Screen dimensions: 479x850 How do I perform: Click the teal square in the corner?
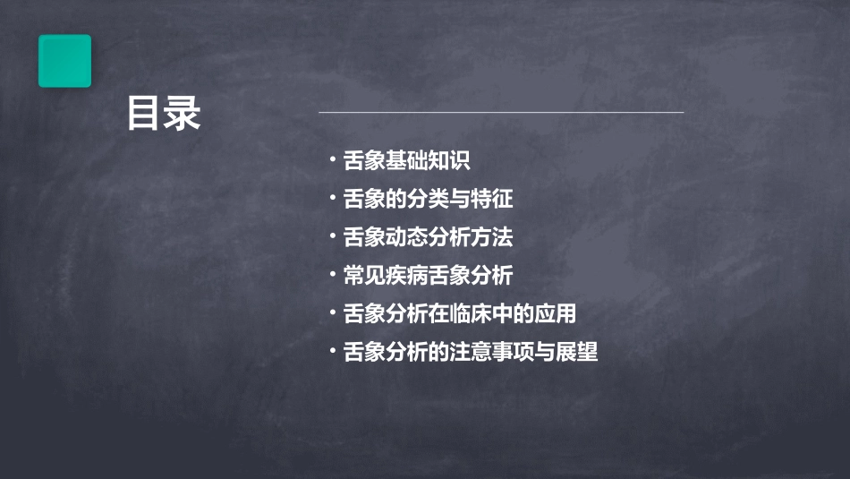[x=64, y=61]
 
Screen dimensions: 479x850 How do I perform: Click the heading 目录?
[x=163, y=115]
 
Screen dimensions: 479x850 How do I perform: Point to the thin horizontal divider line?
[x=501, y=113]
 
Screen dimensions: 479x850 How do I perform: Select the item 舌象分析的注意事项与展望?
[x=470, y=353]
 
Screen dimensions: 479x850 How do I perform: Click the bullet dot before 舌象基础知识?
[x=332, y=160]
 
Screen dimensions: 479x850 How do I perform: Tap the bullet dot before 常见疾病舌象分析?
[x=332, y=275]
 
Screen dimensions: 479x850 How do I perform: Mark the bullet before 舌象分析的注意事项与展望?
[x=332, y=352]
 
